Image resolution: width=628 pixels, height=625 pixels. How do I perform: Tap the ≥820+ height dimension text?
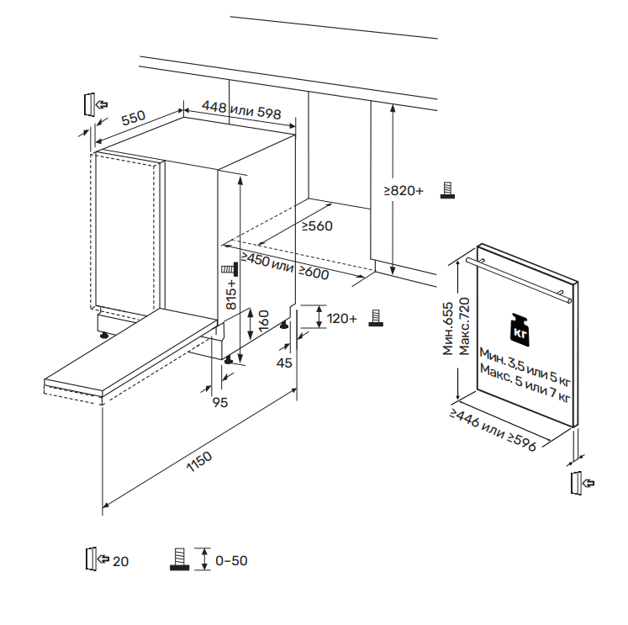tap(404, 192)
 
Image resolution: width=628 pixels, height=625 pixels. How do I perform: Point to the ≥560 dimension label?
tap(317, 225)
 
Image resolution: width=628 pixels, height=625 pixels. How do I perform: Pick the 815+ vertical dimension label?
tap(232, 296)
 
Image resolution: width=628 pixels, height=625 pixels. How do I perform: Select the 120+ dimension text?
tap(342, 318)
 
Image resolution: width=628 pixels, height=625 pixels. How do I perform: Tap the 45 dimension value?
tap(284, 363)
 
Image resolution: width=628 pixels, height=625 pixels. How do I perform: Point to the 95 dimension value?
tap(220, 403)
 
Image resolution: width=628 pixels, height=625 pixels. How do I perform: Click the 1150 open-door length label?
tap(198, 465)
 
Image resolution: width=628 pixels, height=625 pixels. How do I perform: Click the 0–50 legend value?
tap(231, 561)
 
